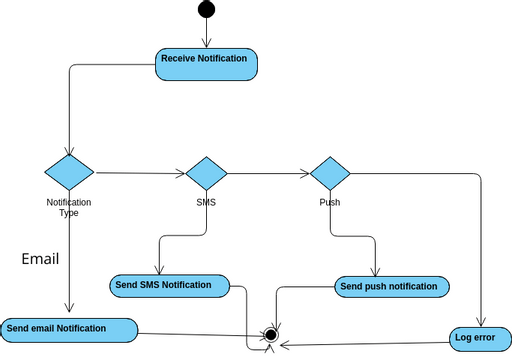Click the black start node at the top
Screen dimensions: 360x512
pyautogui.click(x=206, y=10)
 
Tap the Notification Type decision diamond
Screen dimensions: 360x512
pyautogui.click(x=69, y=172)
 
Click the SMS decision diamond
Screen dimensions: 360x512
pyautogui.click(x=207, y=174)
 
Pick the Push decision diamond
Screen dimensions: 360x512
pyautogui.click(x=330, y=174)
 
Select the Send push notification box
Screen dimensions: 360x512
pyautogui.click(x=391, y=287)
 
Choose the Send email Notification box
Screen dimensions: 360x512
pyautogui.click(x=68, y=329)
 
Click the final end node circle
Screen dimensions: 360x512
pyautogui.click(x=269, y=334)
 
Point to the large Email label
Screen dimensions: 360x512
pyautogui.click(x=40, y=259)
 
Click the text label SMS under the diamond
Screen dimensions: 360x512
pyautogui.click(x=206, y=202)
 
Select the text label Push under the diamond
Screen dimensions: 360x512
pyautogui.click(x=330, y=202)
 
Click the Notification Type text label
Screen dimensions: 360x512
pyautogui.click(x=69, y=207)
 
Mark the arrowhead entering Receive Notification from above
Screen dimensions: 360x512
pyautogui.click(x=206, y=44)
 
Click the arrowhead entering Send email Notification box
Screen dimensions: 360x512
pyautogui.click(x=68, y=313)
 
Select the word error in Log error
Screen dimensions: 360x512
pyautogui.click(x=485, y=338)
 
